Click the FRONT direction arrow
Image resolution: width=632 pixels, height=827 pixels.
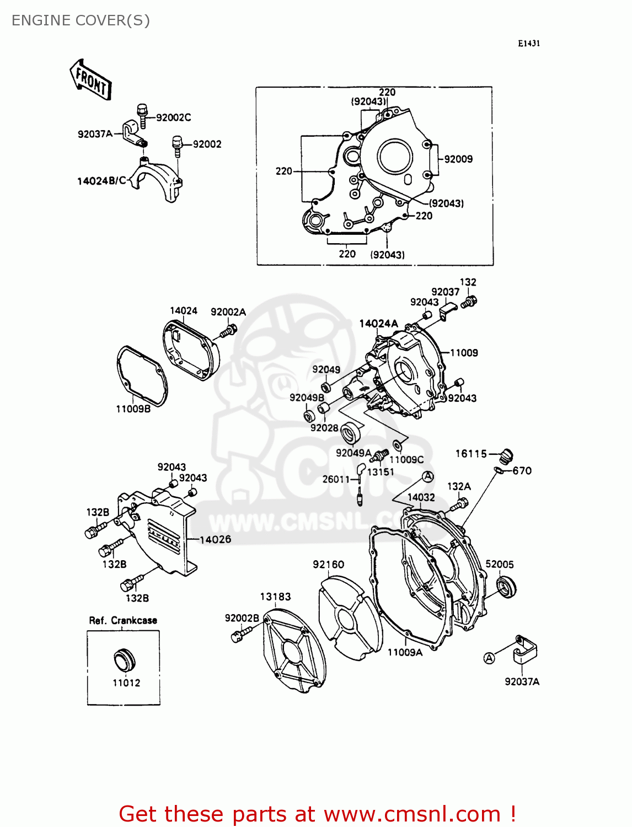coord(91,80)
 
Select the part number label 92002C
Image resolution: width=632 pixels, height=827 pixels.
coord(173,117)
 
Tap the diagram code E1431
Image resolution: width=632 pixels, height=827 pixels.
coord(528,44)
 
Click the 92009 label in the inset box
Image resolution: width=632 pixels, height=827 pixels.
coord(458,159)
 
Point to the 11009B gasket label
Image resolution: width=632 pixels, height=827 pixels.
coord(133,409)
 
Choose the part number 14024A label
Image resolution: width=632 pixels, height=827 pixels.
coord(378,324)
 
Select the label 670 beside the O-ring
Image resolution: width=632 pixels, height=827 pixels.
coord(522,471)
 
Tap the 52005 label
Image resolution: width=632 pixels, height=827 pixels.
coord(499,564)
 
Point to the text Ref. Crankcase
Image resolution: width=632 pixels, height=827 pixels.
coord(123,620)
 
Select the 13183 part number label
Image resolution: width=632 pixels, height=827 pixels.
coord(275,597)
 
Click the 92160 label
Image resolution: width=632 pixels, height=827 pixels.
coord(328,565)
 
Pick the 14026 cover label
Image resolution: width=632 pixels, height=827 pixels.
coord(215,540)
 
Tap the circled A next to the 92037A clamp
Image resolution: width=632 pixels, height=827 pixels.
coord(489,658)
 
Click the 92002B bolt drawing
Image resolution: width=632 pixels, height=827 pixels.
coord(239,635)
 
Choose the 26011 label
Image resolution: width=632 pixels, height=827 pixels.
coord(336,479)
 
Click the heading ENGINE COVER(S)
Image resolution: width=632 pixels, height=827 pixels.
coord(81,20)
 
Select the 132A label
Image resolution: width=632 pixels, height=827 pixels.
coord(459,486)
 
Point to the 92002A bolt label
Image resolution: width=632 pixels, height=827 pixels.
coord(228,312)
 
